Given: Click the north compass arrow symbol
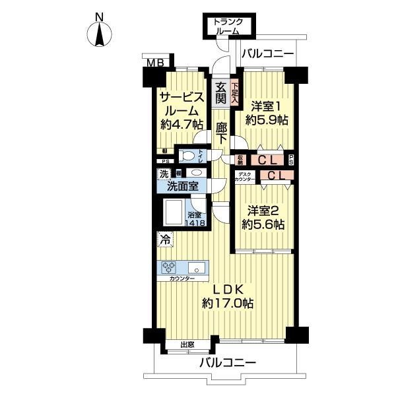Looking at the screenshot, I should click(x=100, y=34).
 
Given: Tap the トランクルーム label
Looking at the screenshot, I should click(x=228, y=27).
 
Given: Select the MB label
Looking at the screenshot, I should click(x=154, y=63).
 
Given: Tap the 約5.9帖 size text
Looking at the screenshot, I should click(x=267, y=119).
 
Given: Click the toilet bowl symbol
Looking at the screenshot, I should click(x=189, y=156).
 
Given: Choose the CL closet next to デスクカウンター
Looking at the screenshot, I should click(x=277, y=176).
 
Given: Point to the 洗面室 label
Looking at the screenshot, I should click(x=182, y=187).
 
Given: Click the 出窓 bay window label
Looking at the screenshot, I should click(x=187, y=345).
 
